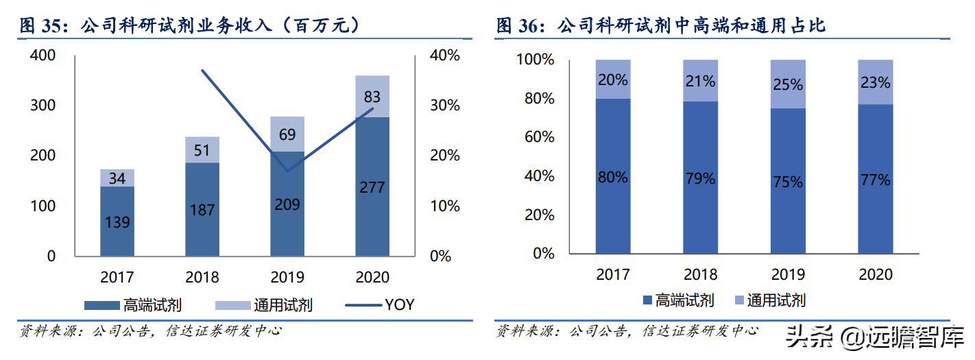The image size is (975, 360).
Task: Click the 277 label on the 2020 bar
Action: pos(372,187)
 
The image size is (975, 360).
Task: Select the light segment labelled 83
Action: pos(372,96)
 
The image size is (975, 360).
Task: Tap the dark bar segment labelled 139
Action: pos(117,221)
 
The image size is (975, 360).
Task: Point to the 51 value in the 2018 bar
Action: pos(202,150)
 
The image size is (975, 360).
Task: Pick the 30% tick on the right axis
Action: pos(444,106)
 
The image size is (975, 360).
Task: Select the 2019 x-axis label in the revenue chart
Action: pos(287,277)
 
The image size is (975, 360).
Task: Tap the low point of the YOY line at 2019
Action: pos(287,170)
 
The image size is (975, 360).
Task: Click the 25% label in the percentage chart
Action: pos(788,84)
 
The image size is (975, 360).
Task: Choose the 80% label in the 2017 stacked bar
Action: pos(612,177)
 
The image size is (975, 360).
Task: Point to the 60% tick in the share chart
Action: pos(535,137)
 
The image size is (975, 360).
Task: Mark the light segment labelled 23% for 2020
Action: pos(876,82)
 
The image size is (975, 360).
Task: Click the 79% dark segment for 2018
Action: pos(700,179)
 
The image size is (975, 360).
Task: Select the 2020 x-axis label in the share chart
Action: pos(876,274)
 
